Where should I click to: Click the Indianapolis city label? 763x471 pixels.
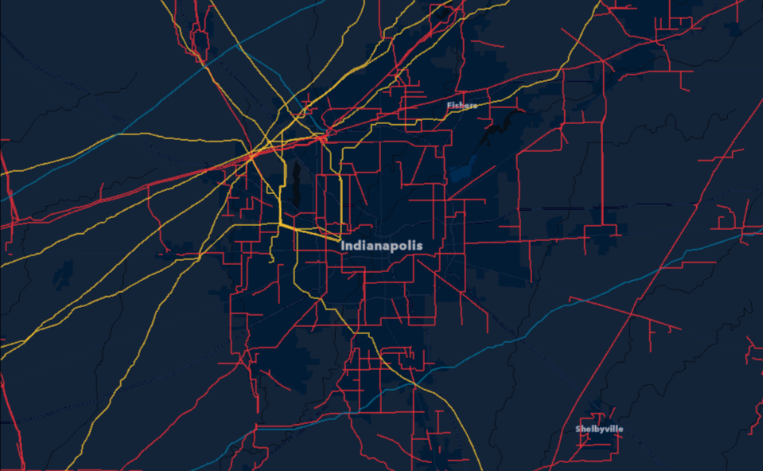click(x=382, y=246)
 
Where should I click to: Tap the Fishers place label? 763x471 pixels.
click(x=462, y=105)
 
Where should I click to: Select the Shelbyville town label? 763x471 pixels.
click(x=600, y=429)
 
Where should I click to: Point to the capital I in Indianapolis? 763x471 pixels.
click(x=343, y=246)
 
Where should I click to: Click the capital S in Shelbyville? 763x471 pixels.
click(x=578, y=429)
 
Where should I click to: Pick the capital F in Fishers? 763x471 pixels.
click(x=449, y=105)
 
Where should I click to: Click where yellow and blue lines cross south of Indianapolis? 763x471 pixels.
click(x=414, y=384)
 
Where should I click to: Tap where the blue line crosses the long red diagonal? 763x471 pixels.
click(x=633, y=313)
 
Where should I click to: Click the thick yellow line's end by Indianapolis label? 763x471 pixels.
click(x=340, y=239)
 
